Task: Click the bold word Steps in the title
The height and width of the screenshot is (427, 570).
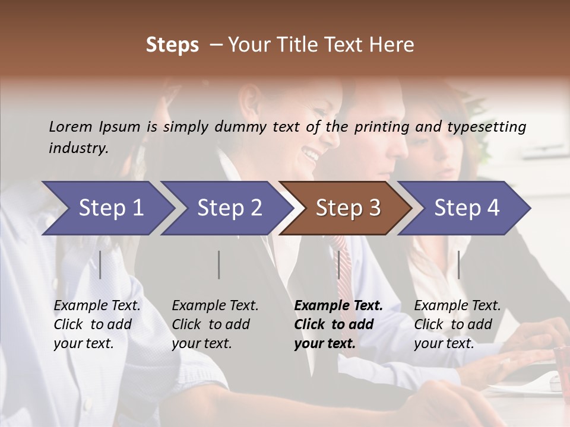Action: [172, 45]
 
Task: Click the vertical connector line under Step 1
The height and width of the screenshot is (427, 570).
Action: [100, 265]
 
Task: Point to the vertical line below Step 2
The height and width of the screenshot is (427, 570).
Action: [219, 265]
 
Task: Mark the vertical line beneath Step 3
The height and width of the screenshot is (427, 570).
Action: [338, 265]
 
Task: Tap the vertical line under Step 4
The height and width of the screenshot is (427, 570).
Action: [458, 265]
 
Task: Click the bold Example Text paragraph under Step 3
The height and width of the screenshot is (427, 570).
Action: [338, 324]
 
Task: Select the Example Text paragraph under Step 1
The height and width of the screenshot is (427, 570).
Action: [97, 324]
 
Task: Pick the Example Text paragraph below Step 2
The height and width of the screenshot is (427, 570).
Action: [215, 324]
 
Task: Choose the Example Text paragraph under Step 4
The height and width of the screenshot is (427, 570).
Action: [457, 324]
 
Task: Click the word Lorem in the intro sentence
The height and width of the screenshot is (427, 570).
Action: [71, 126]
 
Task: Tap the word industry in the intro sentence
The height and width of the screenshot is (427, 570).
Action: [78, 148]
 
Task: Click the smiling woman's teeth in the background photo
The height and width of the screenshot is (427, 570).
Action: [311, 155]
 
